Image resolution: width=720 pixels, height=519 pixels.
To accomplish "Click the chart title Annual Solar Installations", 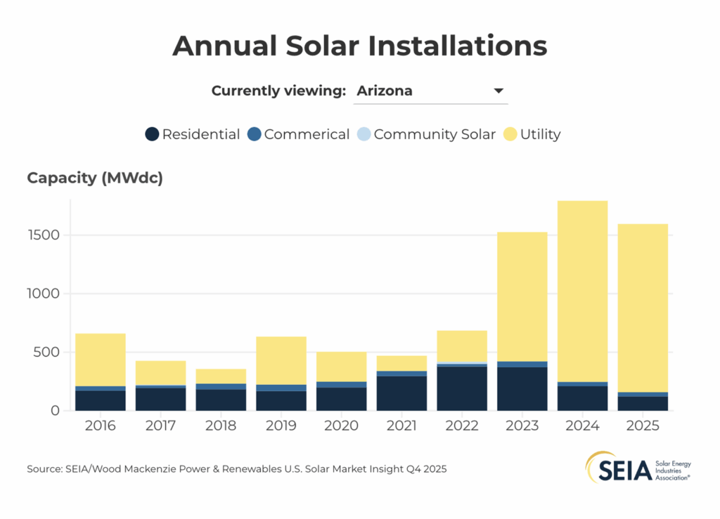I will pos(359,46).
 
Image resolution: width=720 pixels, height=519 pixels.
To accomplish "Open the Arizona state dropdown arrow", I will pos(499,91).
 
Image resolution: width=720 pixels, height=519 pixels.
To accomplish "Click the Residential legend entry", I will pos(193,134).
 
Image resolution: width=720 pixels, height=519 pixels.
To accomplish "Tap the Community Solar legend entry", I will pos(426,134).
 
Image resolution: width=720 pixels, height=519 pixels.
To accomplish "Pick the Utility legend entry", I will pos(532,134).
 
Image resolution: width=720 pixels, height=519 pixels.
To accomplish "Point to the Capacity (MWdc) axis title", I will pos(95,178).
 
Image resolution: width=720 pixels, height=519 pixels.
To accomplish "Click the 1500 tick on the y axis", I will pos(45,235).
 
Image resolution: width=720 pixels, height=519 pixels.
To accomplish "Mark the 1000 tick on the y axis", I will pos(45,294).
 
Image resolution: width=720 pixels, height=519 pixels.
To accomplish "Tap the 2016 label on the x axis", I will pos(100,426).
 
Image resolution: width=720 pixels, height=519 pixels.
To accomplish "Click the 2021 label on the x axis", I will pos(401,426).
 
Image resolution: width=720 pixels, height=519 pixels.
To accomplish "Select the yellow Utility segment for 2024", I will pos(582,291).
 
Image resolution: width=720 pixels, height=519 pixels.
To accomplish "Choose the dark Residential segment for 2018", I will pos(221,400).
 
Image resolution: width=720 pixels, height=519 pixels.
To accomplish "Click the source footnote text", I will pos(236,468).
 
